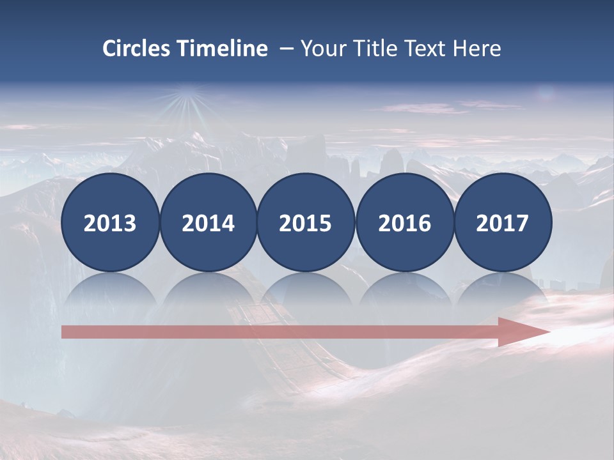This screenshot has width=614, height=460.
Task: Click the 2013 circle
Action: [x=110, y=222]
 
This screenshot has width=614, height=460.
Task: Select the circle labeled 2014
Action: [x=209, y=222]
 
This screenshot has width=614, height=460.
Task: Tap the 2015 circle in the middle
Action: [x=306, y=222]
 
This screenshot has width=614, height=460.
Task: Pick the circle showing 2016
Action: [x=404, y=222]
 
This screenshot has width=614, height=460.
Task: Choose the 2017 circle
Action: [x=503, y=222]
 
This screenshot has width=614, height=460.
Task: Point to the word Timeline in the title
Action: [x=223, y=49]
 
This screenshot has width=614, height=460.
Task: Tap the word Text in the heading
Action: [x=429, y=49]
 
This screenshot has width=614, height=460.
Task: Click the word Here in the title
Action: [x=478, y=49]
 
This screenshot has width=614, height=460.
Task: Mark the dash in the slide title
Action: [x=286, y=49]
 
